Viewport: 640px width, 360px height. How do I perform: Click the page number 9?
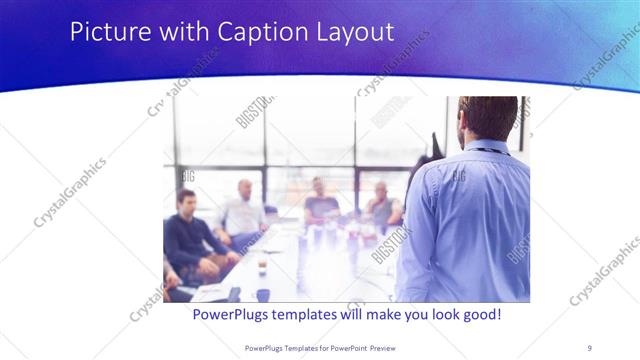click(590, 347)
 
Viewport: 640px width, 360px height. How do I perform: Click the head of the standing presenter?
click(488, 118)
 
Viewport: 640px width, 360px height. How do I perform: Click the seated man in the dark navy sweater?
click(190, 235)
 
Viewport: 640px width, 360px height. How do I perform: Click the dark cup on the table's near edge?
click(263, 294)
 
